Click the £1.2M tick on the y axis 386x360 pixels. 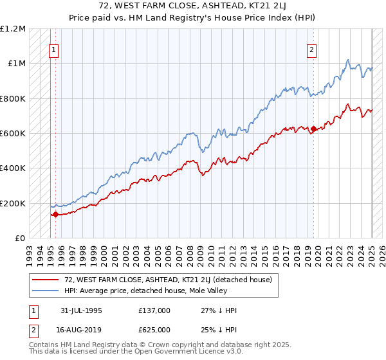[x=13, y=29]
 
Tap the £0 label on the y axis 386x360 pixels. [x=19, y=239]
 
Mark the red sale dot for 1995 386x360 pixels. [x=56, y=215]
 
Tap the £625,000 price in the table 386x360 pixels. [x=154, y=329]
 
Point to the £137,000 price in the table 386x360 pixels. [x=154, y=310]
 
